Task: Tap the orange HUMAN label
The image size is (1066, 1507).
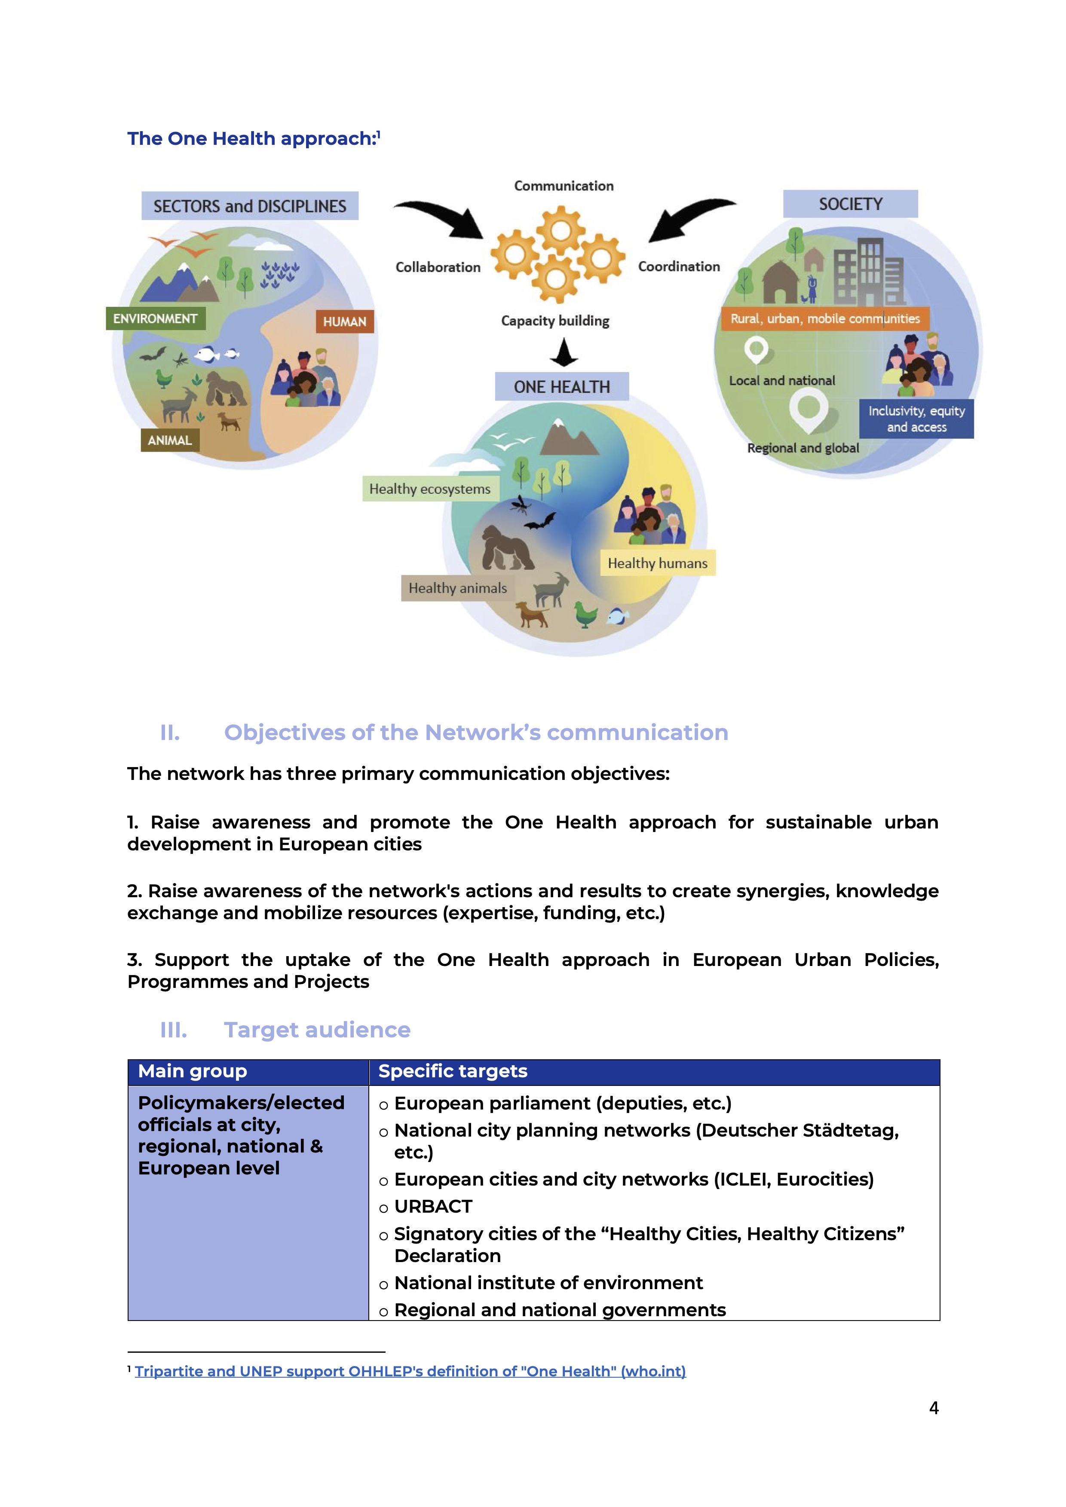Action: (x=345, y=321)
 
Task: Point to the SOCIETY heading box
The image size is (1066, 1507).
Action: (x=850, y=204)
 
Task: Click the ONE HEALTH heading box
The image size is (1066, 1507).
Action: (x=562, y=387)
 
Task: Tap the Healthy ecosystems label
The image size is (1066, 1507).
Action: (x=430, y=489)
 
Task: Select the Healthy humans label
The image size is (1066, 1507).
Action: (x=657, y=563)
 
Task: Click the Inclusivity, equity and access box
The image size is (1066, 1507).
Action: (x=916, y=419)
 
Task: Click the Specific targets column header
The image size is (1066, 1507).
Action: (x=453, y=1071)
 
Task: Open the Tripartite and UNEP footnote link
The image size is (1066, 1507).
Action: (x=410, y=1371)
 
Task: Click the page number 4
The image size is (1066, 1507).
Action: (x=934, y=1408)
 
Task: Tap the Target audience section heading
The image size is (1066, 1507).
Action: (x=317, y=1030)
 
